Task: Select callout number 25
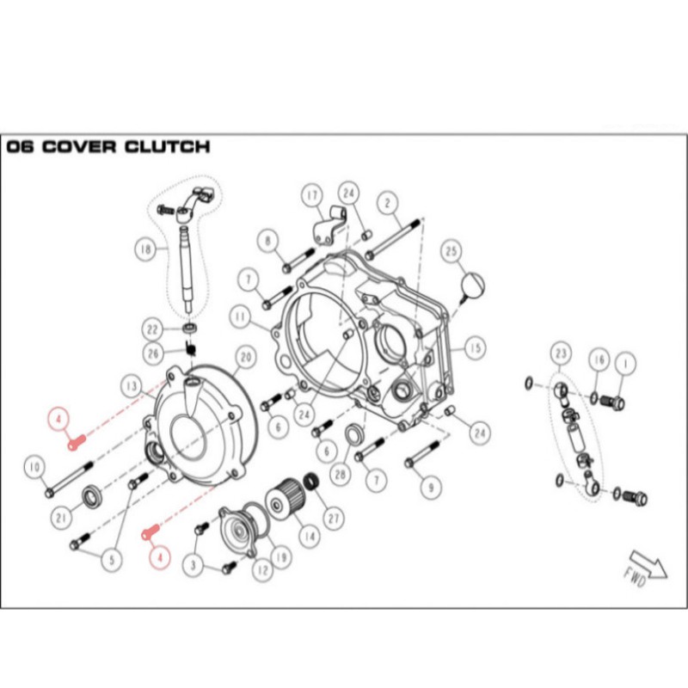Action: (452, 251)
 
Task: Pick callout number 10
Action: (34, 468)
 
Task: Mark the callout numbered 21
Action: (60, 517)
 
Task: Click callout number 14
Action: (307, 538)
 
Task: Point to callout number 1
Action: (625, 365)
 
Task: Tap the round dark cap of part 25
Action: (474, 283)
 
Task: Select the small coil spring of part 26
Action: (192, 348)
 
